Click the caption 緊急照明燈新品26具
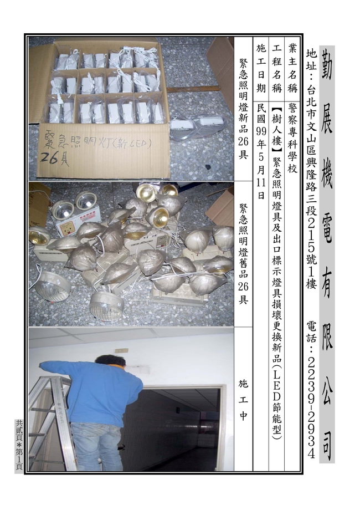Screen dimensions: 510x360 (x=243, y=108)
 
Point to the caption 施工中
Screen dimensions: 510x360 (x=243, y=399)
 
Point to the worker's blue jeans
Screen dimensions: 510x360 (x=97, y=446)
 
